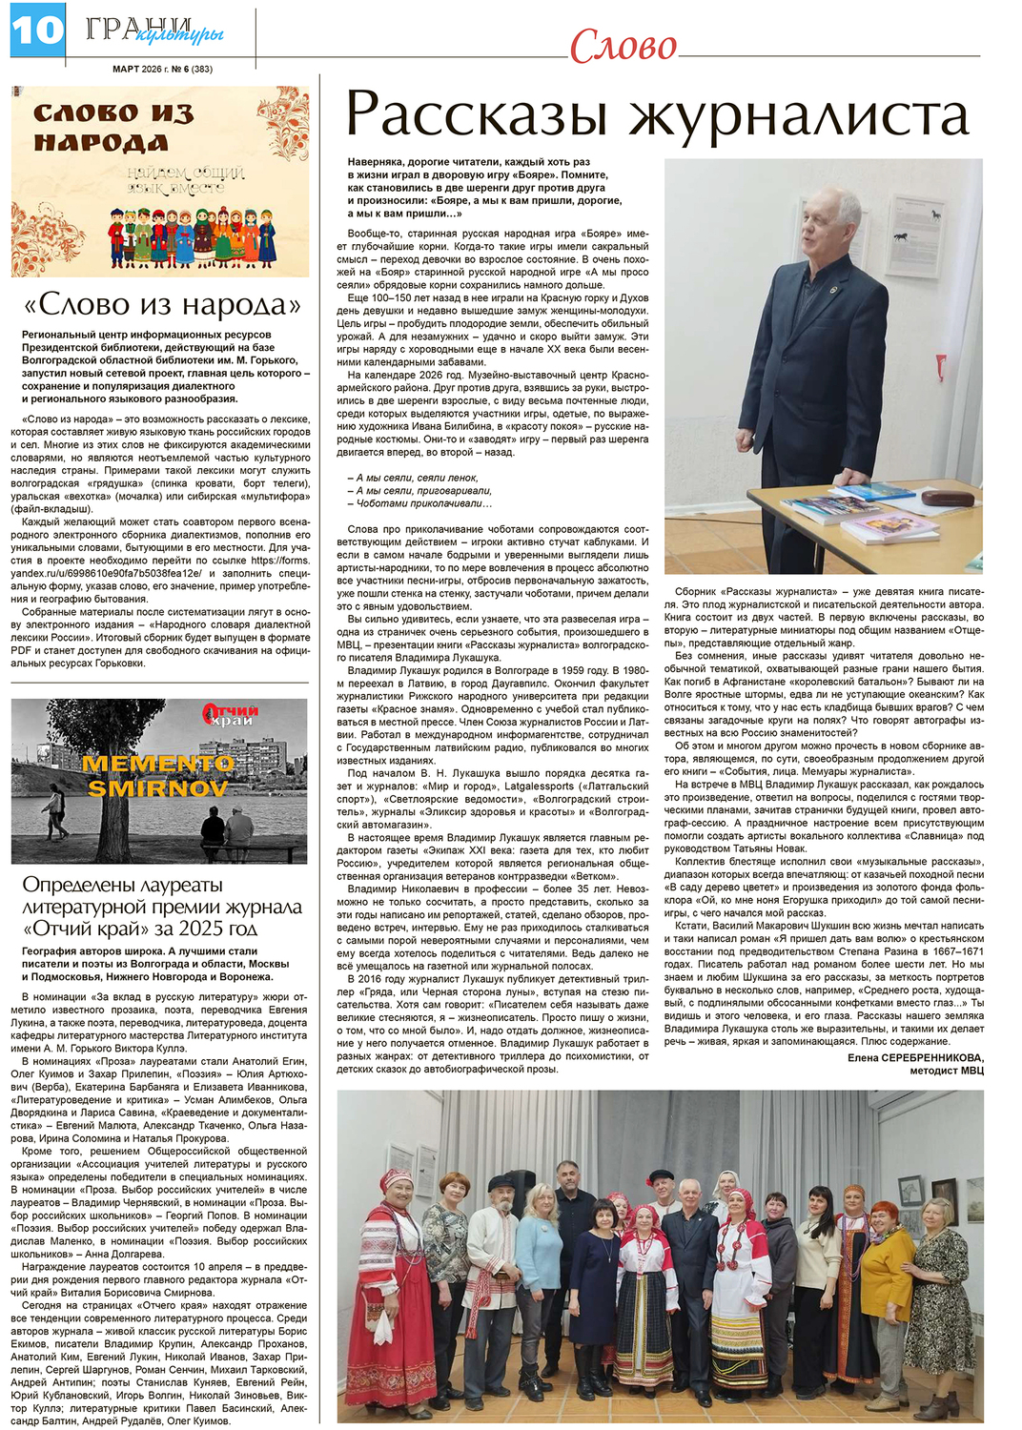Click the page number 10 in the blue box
[x=36, y=31]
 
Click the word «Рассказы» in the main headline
[x=477, y=115]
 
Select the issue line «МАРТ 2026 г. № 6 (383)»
[x=162, y=69]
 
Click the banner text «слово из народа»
[x=113, y=129]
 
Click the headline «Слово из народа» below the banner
[x=161, y=305]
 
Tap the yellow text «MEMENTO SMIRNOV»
[x=157, y=775]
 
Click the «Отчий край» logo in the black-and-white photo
[x=232, y=715]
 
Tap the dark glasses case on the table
[x=948, y=498]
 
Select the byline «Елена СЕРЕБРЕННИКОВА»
[x=914, y=1057]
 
